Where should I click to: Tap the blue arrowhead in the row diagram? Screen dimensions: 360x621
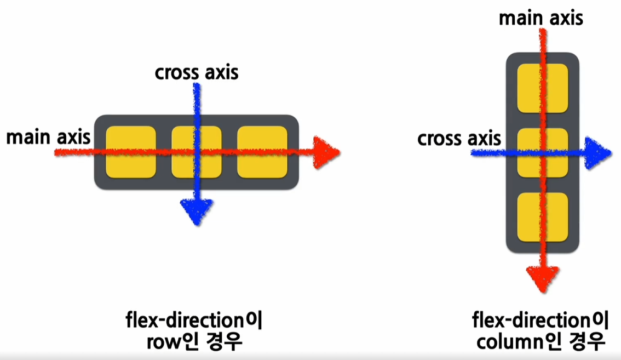[x=196, y=212]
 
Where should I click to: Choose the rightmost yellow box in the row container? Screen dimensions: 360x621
[x=262, y=152]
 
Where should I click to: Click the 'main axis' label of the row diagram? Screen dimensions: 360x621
[x=48, y=137]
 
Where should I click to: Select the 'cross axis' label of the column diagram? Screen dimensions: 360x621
[x=459, y=139]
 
